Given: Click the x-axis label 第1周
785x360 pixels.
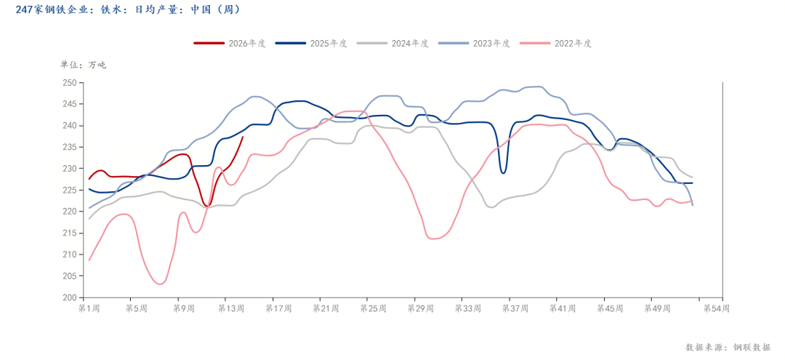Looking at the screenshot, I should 89,308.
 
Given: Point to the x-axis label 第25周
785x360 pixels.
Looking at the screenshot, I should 373,308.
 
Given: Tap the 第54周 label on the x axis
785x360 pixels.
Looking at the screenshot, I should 717,308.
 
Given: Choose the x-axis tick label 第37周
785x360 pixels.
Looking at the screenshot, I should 515,308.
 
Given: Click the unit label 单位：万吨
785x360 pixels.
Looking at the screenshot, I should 83,65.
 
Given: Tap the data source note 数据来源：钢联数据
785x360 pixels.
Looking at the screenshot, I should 728,347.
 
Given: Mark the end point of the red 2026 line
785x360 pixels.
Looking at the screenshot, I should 243,137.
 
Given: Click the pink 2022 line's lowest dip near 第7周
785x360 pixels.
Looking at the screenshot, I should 161,284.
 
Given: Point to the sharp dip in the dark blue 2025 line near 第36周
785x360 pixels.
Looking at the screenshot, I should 503,172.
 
